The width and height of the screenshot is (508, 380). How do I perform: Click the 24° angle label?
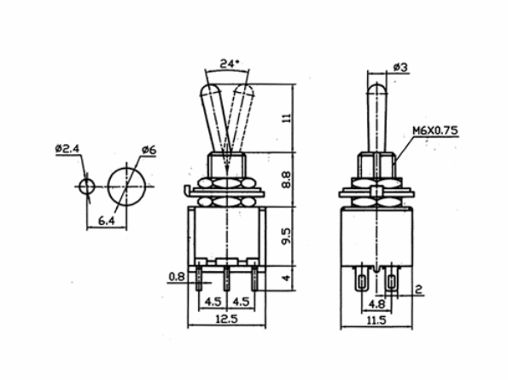click(229, 64)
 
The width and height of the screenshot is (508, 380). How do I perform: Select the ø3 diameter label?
click(400, 66)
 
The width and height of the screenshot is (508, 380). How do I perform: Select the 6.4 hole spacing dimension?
click(107, 221)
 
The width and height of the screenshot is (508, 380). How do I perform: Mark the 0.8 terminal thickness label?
click(176, 276)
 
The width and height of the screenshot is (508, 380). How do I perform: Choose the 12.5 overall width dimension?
click(226, 320)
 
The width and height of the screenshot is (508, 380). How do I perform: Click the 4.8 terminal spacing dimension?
click(376, 302)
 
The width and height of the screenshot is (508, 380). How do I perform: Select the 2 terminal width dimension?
click(419, 290)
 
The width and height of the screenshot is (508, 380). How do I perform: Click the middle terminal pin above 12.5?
click(225, 276)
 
